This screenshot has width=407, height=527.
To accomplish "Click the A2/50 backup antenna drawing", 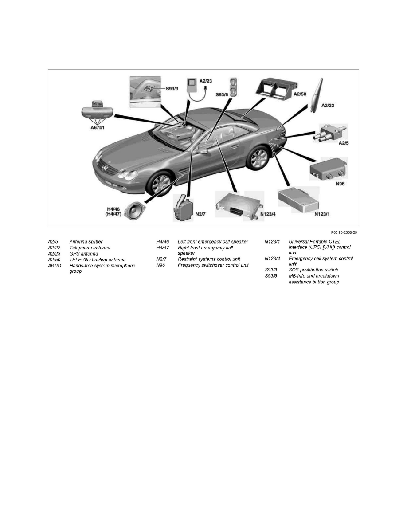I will [x=274, y=91].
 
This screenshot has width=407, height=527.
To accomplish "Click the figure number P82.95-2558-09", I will [x=344, y=232].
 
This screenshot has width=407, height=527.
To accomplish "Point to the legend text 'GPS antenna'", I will [x=84, y=254].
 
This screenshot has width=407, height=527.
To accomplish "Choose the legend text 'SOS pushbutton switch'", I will [x=313, y=270].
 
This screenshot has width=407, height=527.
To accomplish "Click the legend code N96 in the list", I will [x=160, y=265].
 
